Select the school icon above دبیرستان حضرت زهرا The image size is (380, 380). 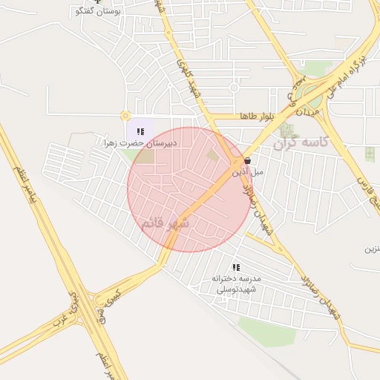[x=141, y=131]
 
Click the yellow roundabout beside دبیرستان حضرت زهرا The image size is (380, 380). [x=125, y=115]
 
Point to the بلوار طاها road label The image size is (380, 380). [x=257, y=117]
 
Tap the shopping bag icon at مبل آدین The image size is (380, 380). [x=246, y=160]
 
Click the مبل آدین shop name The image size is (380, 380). [x=248, y=171]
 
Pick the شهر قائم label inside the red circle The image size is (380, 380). [x=165, y=223]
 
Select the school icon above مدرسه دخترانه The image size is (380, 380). [x=236, y=267]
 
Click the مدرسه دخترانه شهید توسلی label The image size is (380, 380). [x=236, y=284]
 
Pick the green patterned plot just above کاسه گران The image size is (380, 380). [x=287, y=130]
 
